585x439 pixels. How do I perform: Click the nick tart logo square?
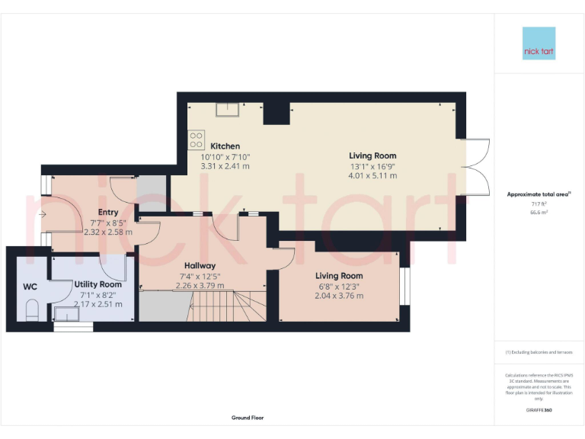tap(539, 43)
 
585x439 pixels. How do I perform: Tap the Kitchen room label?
tap(225, 146)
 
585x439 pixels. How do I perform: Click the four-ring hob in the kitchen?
tap(197, 139)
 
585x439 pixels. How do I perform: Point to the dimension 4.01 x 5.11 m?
tap(373, 176)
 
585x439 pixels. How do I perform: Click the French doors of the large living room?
tap(477, 167)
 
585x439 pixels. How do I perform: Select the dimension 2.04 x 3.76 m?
tap(340, 296)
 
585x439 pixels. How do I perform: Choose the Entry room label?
tap(108, 213)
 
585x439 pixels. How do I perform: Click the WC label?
tap(30, 287)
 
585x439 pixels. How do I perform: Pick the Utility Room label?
tap(97, 284)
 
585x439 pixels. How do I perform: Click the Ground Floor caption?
tap(248, 418)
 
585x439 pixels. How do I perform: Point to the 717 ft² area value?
tap(539, 204)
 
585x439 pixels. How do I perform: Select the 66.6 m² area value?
tap(539, 213)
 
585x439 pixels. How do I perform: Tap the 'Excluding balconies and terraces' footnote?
tap(539, 352)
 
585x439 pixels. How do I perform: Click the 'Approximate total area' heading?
tap(538, 194)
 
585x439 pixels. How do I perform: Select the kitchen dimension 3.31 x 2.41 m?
tap(225, 165)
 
